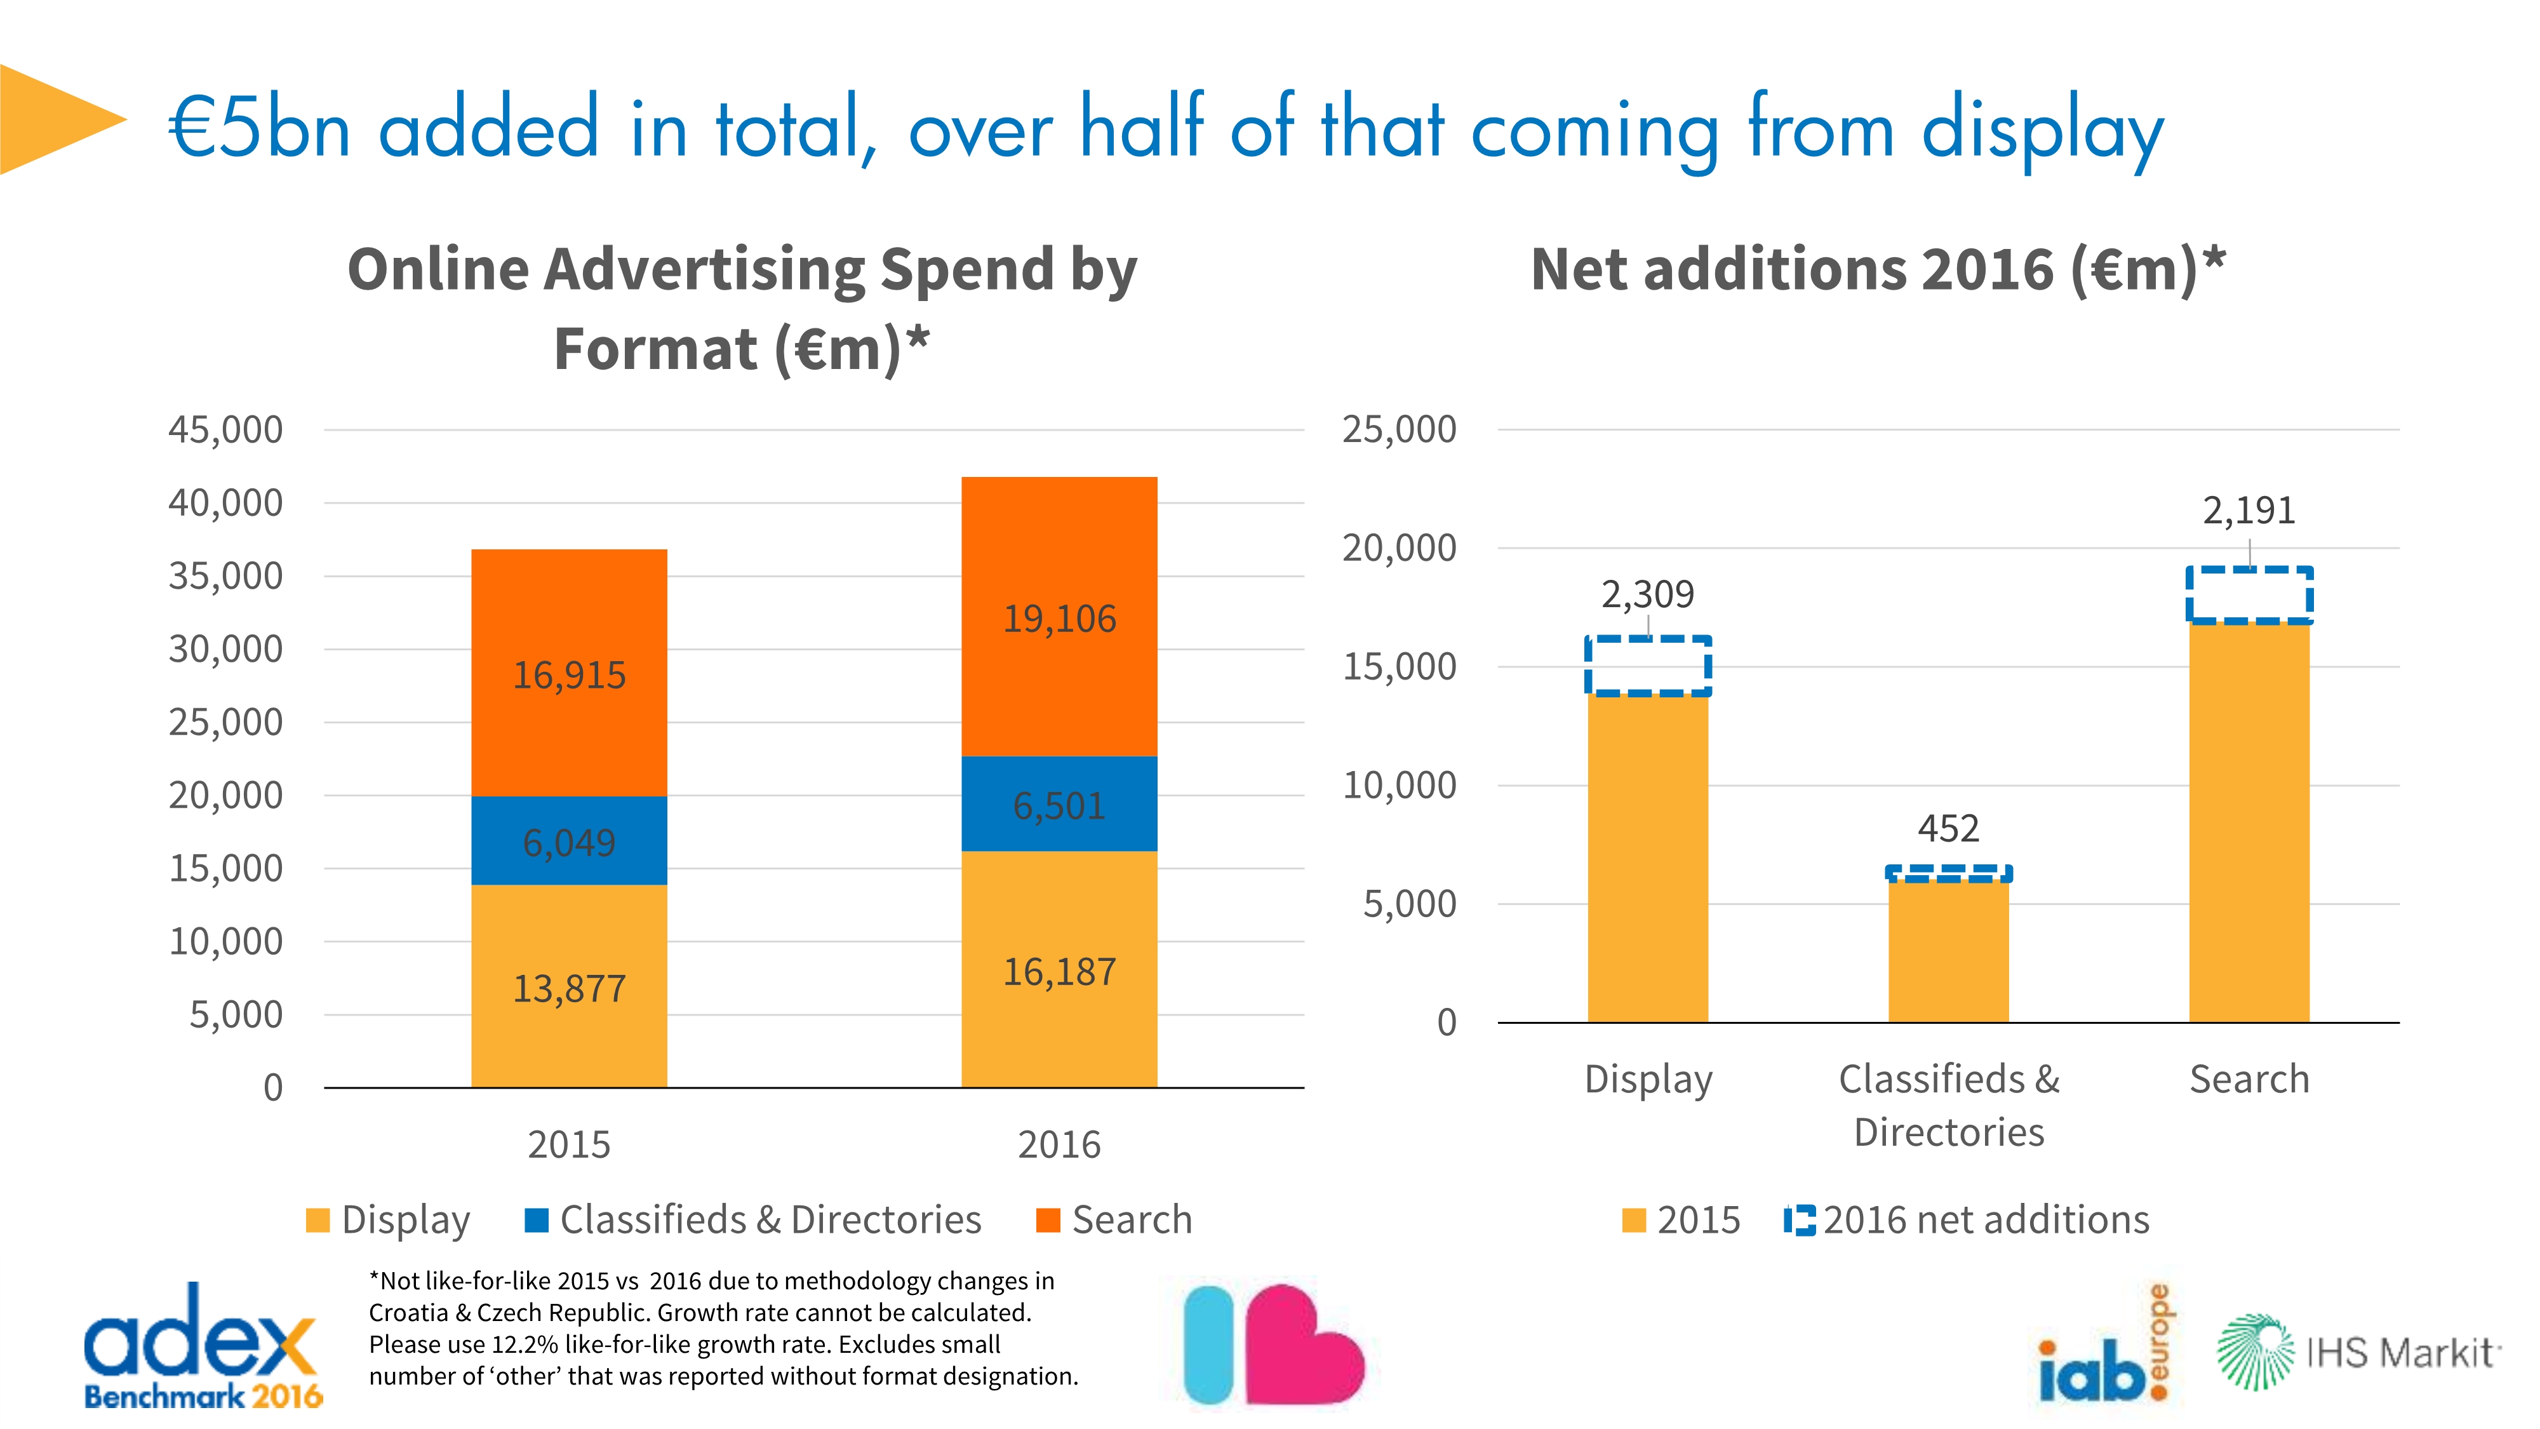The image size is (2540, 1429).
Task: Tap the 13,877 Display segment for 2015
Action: (569, 986)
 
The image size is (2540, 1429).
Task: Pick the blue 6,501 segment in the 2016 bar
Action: (1059, 804)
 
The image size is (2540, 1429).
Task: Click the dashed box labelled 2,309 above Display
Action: (1648, 667)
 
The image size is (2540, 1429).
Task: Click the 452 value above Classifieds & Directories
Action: (1948, 828)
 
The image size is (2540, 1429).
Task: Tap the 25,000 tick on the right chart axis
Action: (1398, 430)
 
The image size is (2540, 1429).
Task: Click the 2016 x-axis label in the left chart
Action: (1059, 1144)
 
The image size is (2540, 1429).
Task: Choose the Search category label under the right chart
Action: (2249, 1079)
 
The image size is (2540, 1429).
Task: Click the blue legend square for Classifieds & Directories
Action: (537, 1220)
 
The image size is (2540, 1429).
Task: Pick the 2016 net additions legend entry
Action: (1967, 1220)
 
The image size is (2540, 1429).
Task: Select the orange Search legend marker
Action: (1048, 1220)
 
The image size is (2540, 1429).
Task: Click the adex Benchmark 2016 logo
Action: (202, 1346)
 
